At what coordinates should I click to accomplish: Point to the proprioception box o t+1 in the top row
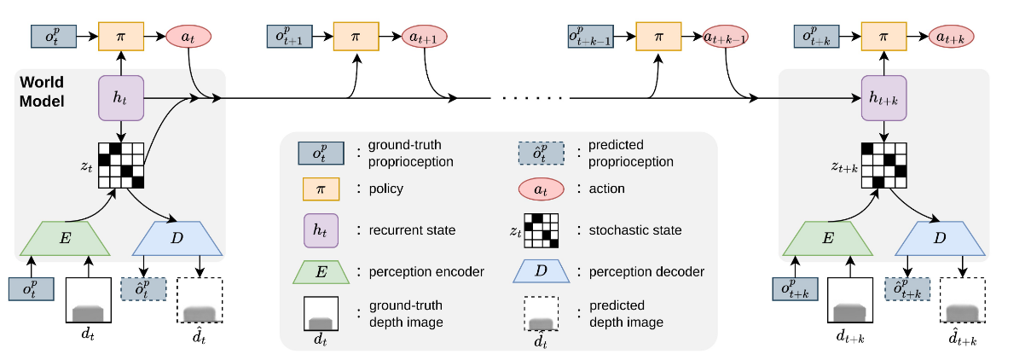click(x=293, y=38)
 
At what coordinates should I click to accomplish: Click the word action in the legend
click(x=608, y=189)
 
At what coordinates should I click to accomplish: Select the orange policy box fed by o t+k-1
click(x=657, y=38)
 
